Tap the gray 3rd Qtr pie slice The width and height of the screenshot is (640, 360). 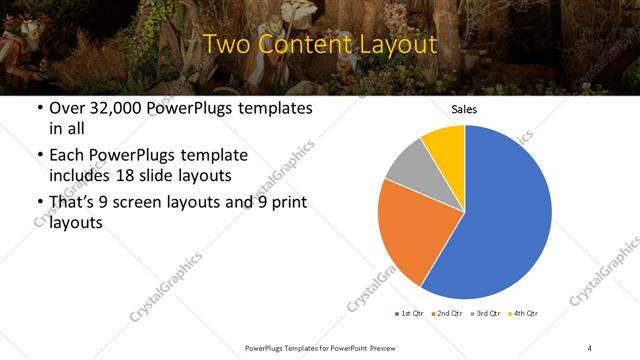[408, 164]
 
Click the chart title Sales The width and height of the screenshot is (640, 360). [464, 109]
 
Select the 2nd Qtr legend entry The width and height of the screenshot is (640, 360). [446, 314]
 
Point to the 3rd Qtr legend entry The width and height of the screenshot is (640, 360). [486, 314]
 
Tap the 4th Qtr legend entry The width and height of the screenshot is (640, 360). [524, 314]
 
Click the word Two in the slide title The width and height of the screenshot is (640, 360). [227, 45]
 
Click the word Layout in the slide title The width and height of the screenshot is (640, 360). [394, 45]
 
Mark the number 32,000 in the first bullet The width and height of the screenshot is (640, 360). [118, 109]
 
